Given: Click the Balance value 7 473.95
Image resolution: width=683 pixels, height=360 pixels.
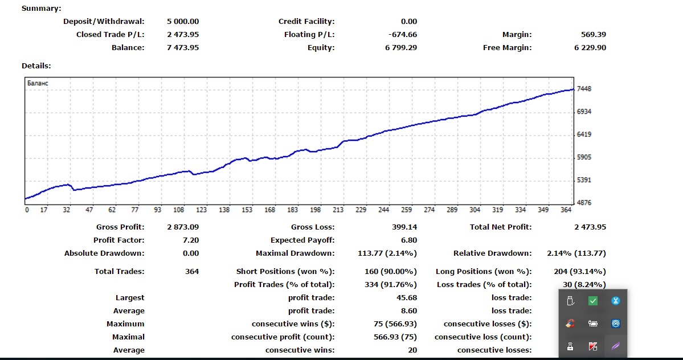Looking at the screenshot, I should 183,48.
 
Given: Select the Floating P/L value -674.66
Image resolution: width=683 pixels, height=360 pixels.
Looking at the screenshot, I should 402,35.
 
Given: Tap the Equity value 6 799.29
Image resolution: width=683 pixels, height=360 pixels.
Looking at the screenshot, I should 400,48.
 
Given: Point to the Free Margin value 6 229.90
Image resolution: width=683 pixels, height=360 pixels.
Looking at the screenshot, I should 590,48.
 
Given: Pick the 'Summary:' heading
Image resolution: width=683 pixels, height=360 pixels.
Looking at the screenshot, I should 41,9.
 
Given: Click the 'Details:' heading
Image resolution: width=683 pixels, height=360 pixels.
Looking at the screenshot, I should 36,66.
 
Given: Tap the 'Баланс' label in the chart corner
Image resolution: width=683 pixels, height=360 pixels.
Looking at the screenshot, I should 38,83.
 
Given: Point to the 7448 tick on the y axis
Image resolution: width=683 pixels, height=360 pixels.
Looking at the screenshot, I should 584,89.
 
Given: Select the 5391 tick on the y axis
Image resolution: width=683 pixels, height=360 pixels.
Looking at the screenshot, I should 584,180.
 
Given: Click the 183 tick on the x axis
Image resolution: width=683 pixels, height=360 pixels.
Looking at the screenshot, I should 293,210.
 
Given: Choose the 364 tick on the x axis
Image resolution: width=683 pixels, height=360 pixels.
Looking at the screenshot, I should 566,210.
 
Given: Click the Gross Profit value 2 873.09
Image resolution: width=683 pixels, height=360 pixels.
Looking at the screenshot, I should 183,227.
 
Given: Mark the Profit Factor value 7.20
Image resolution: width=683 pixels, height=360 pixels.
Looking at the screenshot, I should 191,240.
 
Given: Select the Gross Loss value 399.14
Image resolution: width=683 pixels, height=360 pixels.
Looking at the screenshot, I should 405,227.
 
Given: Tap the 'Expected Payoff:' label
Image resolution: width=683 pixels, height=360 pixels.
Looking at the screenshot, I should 302,240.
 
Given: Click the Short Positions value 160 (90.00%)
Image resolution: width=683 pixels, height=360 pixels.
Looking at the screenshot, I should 391,272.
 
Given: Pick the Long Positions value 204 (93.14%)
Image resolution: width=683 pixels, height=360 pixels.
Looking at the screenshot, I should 579,272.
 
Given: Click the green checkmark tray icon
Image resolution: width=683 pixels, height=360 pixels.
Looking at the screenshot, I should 593,301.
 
